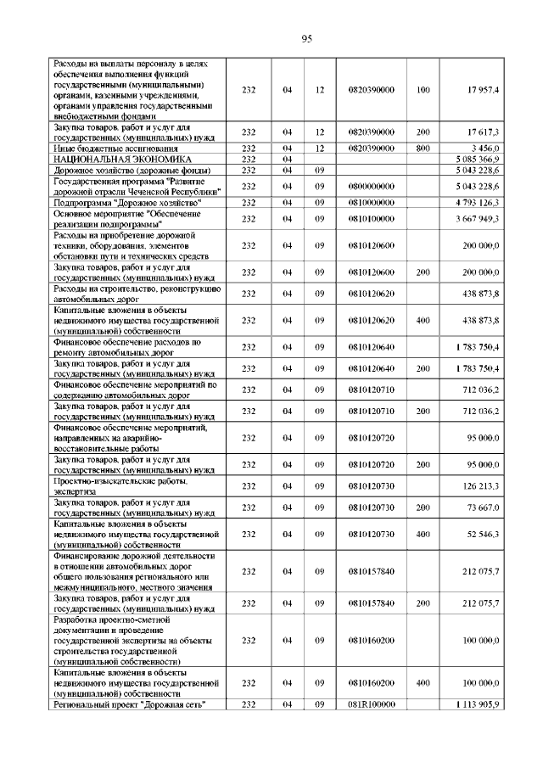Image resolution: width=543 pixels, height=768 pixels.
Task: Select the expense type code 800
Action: pyautogui.click(x=423, y=148)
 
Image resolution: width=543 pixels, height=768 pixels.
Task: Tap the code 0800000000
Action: pyautogui.click(x=372, y=186)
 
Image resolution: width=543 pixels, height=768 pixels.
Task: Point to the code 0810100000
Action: pyautogui.click(x=372, y=219)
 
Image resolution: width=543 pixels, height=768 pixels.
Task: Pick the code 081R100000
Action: pyautogui.click(x=372, y=704)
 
